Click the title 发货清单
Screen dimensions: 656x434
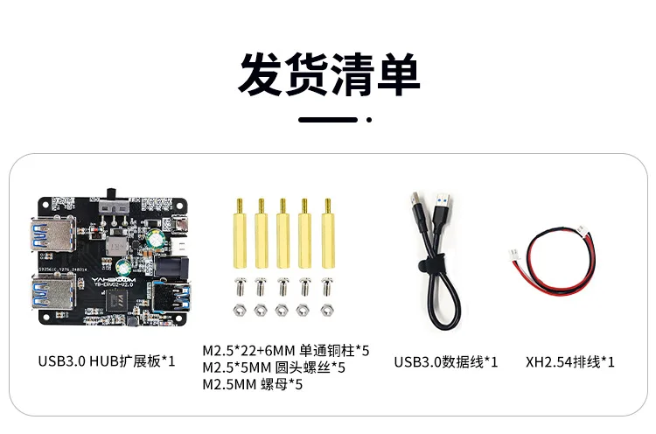point(329,74)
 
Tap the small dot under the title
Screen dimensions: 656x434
point(369,120)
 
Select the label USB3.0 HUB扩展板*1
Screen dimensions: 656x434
point(107,360)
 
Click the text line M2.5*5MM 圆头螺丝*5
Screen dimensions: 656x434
point(273,367)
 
